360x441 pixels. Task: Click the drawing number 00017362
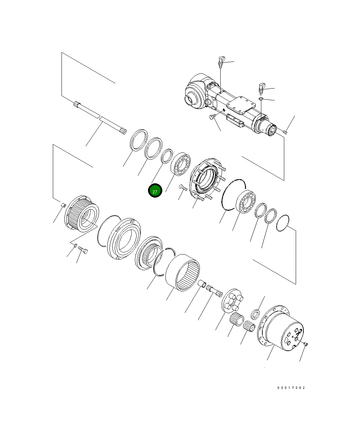(291, 388)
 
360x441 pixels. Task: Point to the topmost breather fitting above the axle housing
(221, 61)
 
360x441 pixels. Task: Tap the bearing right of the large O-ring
(246, 202)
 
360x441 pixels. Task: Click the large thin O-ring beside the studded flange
(233, 194)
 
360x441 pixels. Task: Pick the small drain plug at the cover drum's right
(305, 344)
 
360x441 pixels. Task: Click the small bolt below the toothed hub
(83, 250)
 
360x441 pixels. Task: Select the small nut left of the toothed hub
(63, 206)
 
